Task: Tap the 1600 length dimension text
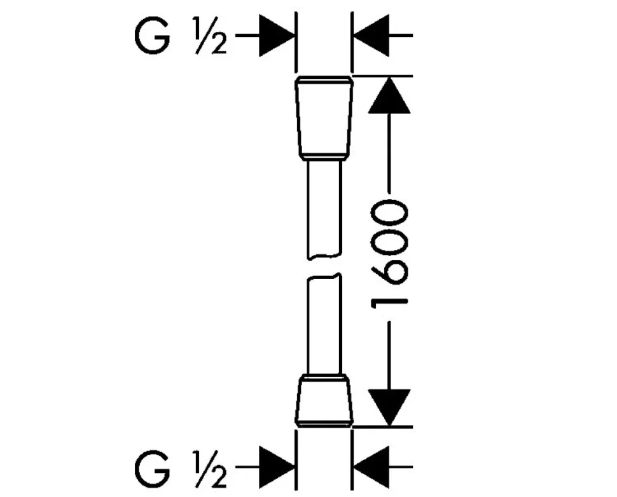pyautogui.click(x=389, y=254)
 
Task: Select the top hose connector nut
pyautogui.click(x=324, y=118)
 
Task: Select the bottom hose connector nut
pyautogui.click(x=324, y=400)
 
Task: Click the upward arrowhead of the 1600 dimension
pyautogui.click(x=389, y=95)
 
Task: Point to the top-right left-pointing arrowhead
pyautogui.click(x=371, y=36)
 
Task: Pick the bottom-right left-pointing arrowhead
pyautogui.click(x=371, y=467)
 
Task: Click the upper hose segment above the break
pyautogui.click(x=324, y=210)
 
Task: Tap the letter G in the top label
pyautogui.click(x=152, y=36)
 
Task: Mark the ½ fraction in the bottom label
pyautogui.click(x=210, y=469)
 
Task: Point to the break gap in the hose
pyautogui.click(x=324, y=267)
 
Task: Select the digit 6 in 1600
pyautogui.click(x=389, y=274)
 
